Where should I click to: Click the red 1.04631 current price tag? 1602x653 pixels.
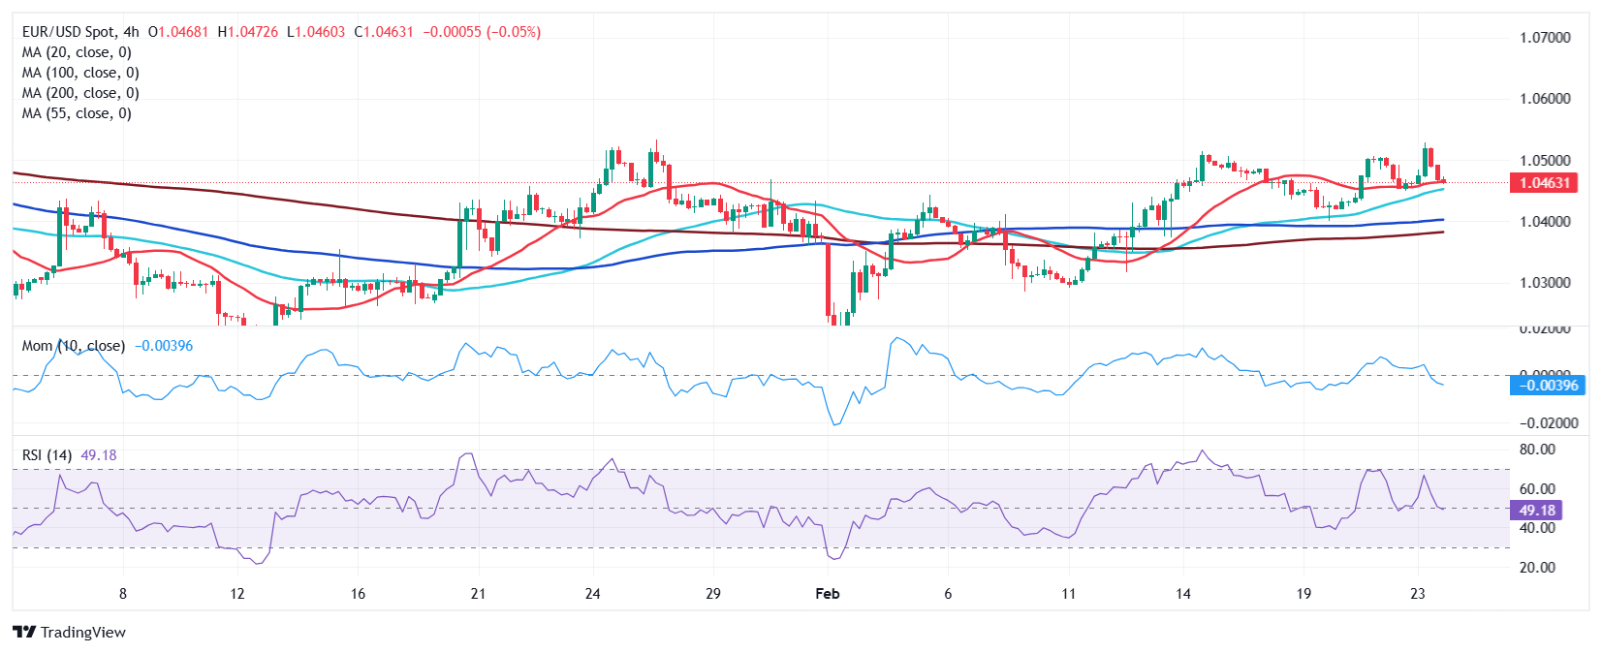pyautogui.click(x=1544, y=183)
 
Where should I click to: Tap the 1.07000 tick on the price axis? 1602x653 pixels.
pyautogui.click(x=1545, y=38)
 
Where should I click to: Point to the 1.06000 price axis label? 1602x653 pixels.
pyautogui.click(x=1545, y=99)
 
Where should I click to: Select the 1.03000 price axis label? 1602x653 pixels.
pyautogui.click(x=1545, y=283)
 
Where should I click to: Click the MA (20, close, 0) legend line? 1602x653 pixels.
pyautogui.click(x=77, y=52)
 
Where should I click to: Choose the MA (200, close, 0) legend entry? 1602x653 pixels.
pyautogui.click(x=80, y=93)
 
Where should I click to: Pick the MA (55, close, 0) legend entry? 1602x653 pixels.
pyautogui.click(x=77, y=113)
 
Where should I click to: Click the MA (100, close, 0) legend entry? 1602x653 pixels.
pyautogui.click(x=80, y=73)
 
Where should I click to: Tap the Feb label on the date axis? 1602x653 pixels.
pyautogui.click(x=827, y=593)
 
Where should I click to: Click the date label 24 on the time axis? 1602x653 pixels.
pyautogui.click(x=592, y=593)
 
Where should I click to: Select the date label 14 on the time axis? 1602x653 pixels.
pyautogui.click(x=1182, y=593)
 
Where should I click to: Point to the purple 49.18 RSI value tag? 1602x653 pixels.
pyautogui.click(x=1536, y=511)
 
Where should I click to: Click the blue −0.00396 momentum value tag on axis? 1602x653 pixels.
pyautogui.click(x=1548, y=386)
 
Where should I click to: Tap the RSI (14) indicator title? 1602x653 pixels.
pyautogui.click(x=47, y=455)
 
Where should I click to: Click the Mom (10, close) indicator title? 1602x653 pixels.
pyautogui.click(x=74, y=346)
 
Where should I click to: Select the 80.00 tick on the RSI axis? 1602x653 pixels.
pyautogui.click(x=1537, y=450)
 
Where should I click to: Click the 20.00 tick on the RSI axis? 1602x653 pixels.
pyautogui.click(x=1537, y=568)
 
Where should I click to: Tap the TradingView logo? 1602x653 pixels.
pyautogui.click(x=70, y=633)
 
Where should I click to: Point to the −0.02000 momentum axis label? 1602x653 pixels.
pyautogui.click(x=1549, y=423)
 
